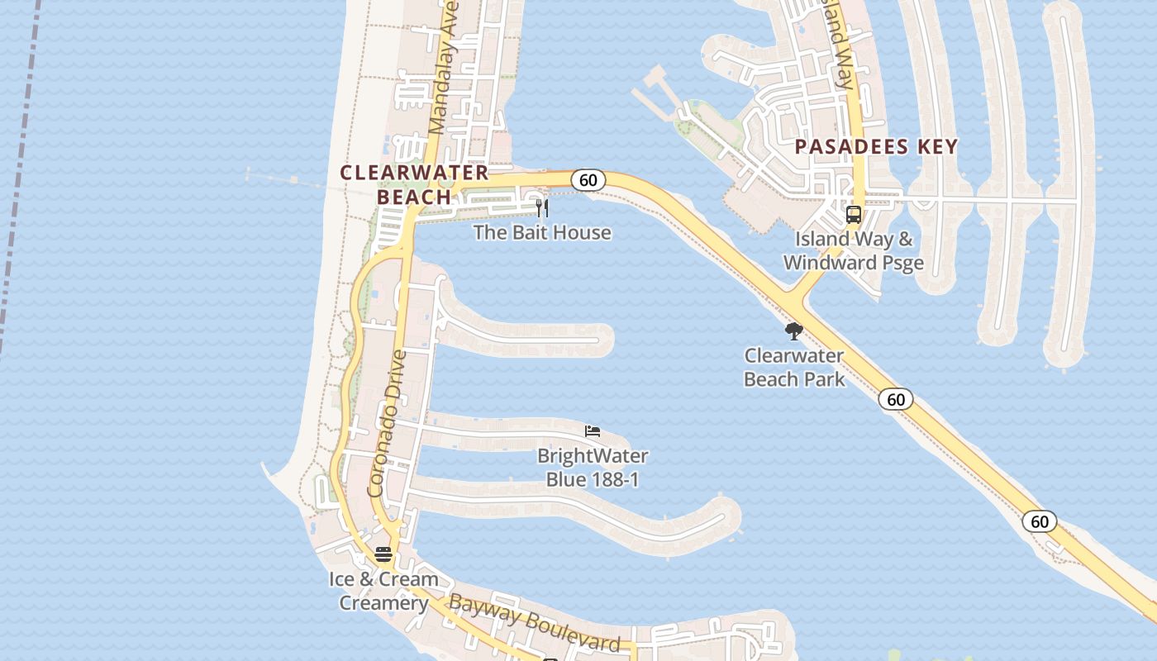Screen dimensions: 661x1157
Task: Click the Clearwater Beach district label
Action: [x=415, y=184]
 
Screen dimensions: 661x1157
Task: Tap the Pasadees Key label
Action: [x=876, y=147]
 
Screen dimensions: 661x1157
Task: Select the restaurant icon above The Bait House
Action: [x=542, y=207]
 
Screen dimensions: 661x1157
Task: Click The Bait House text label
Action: [x=542, y=232]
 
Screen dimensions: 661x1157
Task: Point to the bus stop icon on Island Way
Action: [x=854, y=215]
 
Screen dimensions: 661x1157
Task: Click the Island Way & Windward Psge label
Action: [x=854, y=251]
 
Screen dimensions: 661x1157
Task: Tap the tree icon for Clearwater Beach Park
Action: [x=794, y=332]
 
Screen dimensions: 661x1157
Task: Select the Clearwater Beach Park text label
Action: [x=794, y=368]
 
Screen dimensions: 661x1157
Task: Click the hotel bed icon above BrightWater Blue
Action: [x=592, y=431]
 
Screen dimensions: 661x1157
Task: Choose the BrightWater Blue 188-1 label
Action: [x=593, y=468]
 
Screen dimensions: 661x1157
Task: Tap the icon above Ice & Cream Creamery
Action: [x=383, y=554]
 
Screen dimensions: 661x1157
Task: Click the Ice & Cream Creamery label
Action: [x=383, y=591]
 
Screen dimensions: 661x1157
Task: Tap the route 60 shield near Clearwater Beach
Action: [x=588, y=180]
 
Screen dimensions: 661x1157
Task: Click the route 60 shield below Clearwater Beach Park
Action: [x=896, y=400]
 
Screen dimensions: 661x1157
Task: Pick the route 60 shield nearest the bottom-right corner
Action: [x=1040, y=521]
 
